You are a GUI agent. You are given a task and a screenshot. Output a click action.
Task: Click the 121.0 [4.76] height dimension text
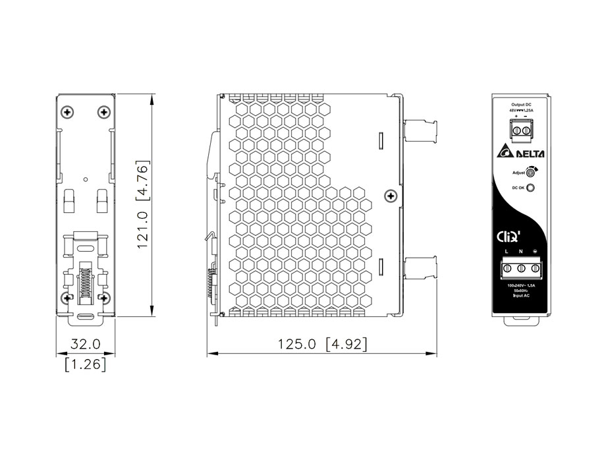(x=145, y=205)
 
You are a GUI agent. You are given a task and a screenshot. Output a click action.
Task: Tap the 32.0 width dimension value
(x=86, y=344)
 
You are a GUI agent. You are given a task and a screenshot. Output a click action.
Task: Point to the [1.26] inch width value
(x=86, y=363)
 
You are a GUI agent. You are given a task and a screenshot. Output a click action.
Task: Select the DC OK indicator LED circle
(x=531, y=188)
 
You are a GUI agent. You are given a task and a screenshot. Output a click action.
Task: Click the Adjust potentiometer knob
(x=530, y=173)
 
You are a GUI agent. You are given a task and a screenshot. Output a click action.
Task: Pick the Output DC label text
(x=521, y=105)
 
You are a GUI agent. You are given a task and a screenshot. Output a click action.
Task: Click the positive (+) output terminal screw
(x=516, y=132)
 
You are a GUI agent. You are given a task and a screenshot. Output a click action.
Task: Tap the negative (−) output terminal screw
(x=526, y=132)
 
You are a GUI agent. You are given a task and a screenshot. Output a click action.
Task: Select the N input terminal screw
(x=520, y=268)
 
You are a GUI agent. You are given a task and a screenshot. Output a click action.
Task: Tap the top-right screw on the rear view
(x=103, y=111)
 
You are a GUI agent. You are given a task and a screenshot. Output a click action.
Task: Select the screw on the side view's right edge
(x=391, y=196)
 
